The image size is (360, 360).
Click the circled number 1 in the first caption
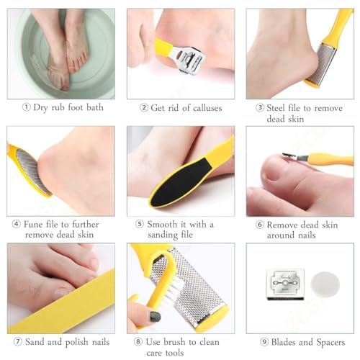[27, 107]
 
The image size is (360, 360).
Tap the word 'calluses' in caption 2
[207, 108]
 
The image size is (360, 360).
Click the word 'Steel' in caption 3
[276, 108]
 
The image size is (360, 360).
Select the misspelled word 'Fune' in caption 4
[33, 225]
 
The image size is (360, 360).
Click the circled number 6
[260, 225]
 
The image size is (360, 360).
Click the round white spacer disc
[325, 284]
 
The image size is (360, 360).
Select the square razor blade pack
[285, 284]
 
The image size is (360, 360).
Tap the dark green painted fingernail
[155, 317]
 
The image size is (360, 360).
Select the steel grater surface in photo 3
[322, 64]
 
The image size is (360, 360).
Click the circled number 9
[264, 342]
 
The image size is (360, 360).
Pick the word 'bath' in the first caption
[95, 107]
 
